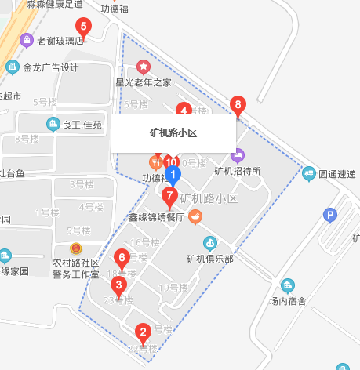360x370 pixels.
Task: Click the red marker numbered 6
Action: pos(122,256)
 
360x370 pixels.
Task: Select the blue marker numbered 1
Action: pos(174,176)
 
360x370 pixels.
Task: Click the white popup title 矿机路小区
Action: pos(173,133)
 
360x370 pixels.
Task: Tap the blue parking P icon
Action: pos(330,214)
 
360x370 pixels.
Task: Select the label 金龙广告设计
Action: pos(51,67)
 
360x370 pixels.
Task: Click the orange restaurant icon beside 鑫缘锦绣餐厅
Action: pos(195,217)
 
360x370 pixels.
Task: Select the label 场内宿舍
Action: pos(287,300)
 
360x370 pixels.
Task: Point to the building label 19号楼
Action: pos(171,288)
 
